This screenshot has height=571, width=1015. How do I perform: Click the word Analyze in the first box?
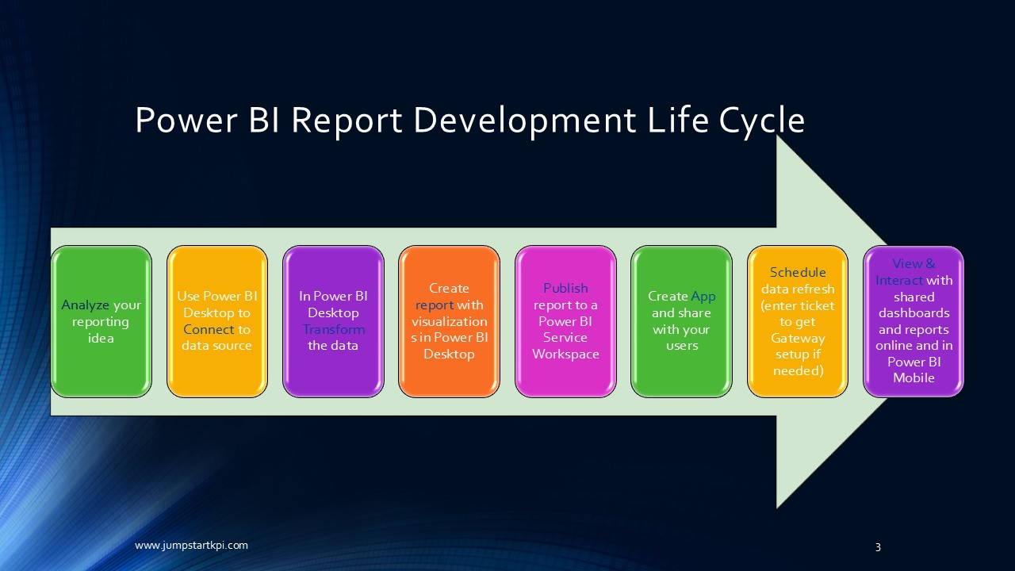coord(86,305)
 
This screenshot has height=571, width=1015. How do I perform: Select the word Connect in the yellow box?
coord(209,329)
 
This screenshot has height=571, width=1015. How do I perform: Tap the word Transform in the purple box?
coord(334,329)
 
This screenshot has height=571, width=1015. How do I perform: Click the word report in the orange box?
coord(435,305)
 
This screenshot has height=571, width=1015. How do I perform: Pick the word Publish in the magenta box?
coord(565,288)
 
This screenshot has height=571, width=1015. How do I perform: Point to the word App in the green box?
coord(703,297)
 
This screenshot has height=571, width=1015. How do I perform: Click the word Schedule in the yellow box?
coord(798,272)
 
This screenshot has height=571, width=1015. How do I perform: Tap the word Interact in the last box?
coord(899,280)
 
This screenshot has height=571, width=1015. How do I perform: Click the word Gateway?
coord(798,338)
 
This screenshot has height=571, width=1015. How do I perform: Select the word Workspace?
coord(565,354)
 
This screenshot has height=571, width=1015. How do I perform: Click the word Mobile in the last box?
coord(913,378)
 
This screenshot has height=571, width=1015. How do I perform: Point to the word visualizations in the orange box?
coord(449,321)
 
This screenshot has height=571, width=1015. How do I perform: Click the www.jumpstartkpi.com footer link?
coord(191,545)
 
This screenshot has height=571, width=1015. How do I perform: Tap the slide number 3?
coord(878,546)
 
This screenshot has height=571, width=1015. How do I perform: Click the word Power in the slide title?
coord(184,120)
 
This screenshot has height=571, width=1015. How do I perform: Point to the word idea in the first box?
coord(101,338)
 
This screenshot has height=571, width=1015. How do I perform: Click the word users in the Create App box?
coord(681,346)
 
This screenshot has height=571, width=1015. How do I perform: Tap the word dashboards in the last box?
coord(913,312)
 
